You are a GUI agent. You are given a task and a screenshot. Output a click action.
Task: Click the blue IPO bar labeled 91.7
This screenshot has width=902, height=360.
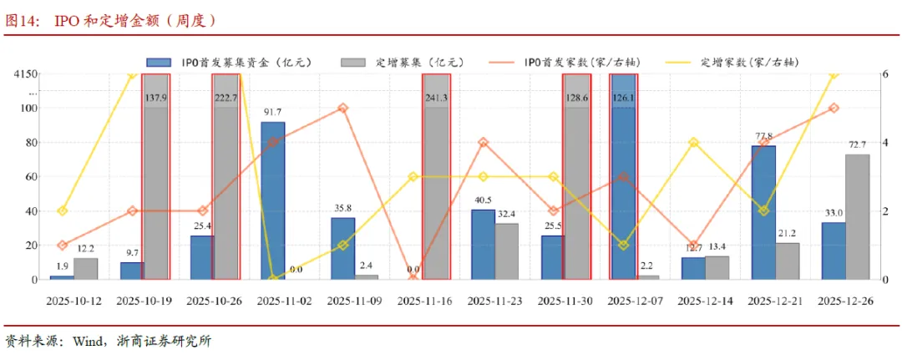273,200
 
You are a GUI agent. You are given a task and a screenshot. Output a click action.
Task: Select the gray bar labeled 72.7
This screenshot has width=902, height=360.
857,216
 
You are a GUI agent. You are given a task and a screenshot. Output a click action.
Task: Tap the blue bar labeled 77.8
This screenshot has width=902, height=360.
763,212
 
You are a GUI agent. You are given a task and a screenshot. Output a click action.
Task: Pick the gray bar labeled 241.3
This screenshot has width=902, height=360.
437,176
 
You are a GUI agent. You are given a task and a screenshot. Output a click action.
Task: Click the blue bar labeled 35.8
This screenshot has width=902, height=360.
343,248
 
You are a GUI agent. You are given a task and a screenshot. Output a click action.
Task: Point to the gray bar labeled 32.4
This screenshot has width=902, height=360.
507,251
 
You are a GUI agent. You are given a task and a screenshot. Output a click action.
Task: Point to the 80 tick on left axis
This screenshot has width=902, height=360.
29,142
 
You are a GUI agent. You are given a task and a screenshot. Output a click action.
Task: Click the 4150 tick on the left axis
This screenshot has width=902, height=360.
24,74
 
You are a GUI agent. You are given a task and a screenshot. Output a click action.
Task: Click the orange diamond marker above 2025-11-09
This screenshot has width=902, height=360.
343,109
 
